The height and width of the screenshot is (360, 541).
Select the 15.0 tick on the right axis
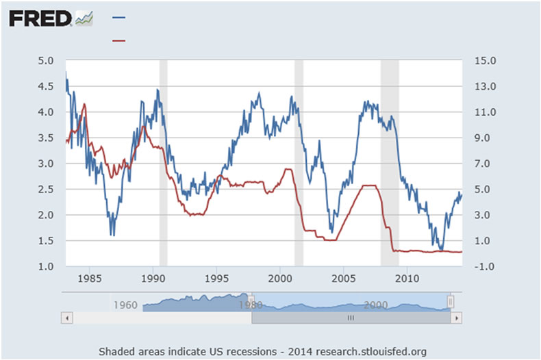tap(476, 61)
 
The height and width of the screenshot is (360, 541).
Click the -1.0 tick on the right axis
tap(476, 266)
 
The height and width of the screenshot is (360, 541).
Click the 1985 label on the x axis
tap(90, 279)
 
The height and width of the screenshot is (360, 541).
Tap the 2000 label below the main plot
tap(280, 279)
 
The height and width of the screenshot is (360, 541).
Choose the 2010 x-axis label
tap(407, 279)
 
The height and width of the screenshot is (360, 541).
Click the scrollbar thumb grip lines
tap(350, 318)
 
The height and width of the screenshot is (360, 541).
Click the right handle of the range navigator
tap(451, 301)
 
